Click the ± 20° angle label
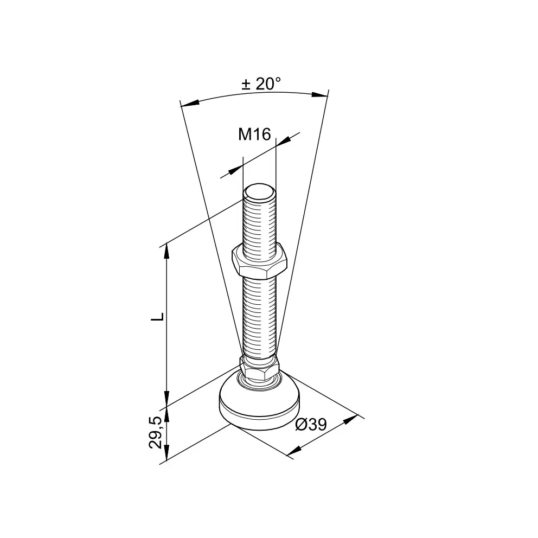click(x=261, y=84)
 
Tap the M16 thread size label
click(x=254, y=134)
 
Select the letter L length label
click(x=158, y=317)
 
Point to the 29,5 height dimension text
click(x=156, y=432)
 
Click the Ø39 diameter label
click(x=311, y=425)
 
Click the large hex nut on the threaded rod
click(x=259, y=261)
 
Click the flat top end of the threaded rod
click(x=259, y=191)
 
